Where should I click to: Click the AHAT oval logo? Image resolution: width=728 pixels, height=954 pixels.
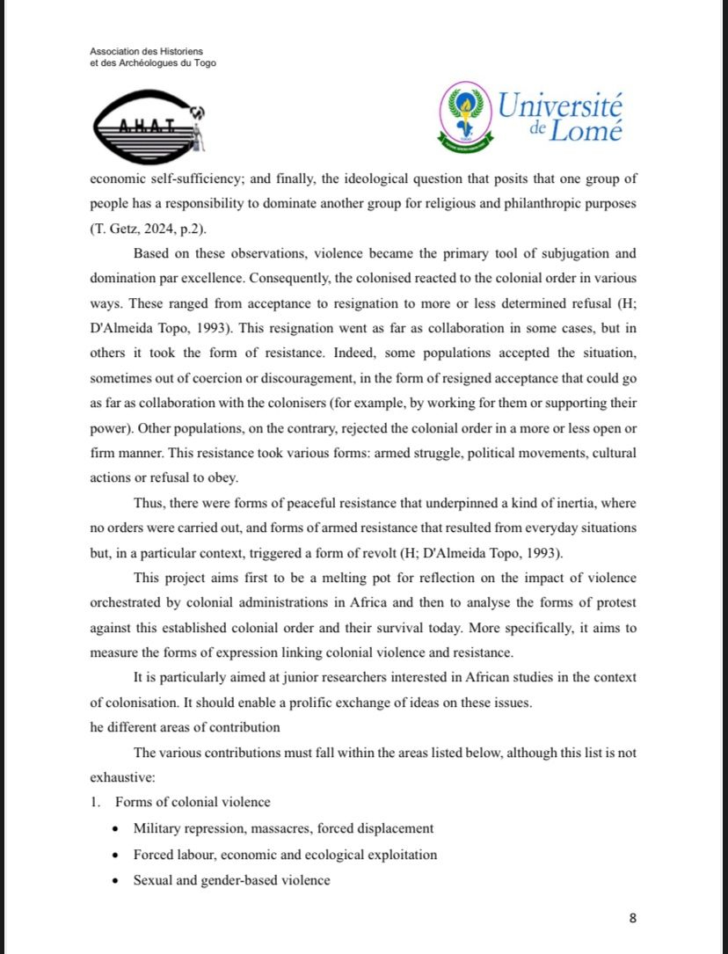146,125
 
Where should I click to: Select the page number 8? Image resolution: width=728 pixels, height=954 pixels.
633,919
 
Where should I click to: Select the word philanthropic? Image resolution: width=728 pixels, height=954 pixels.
503,204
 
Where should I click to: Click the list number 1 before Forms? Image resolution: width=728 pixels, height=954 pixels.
94,802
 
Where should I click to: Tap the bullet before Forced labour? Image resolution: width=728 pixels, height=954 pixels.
117,855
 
